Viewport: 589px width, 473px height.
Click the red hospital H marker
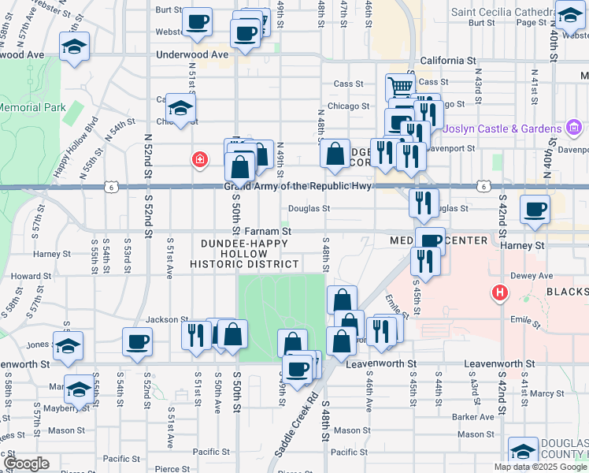[x=498, y=294]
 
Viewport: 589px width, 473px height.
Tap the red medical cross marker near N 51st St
[x=200, y=159]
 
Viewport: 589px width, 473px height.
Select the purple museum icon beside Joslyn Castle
[x=573, y=128]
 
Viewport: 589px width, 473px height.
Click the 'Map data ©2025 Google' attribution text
[x=540, y=467]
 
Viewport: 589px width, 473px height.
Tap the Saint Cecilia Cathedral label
[x=512, y=11]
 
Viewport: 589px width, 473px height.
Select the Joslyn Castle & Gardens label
[x=502, y=128]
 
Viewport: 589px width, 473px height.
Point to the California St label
[x=448, y=60]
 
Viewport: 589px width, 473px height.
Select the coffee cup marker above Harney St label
[x=535, y=210]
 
